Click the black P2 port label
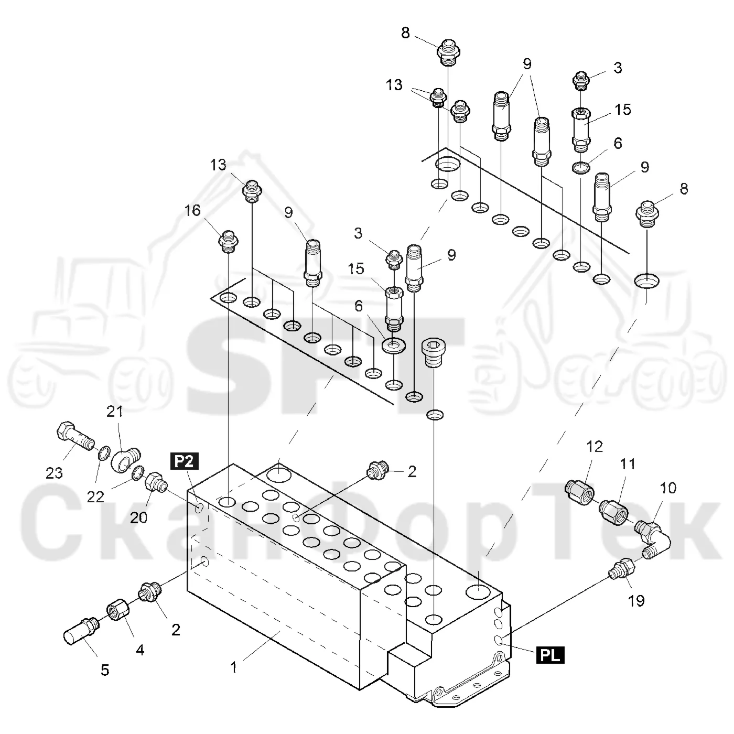(185, 461)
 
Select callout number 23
(54, 473)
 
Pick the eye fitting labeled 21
(126, 460)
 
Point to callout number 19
(636, 601)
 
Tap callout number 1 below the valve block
(234, 667)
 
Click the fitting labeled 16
(229, 242)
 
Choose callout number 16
(192, 210)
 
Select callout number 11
(628, 464)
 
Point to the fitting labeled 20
(156, 482)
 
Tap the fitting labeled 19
(622, 569)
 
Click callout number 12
(595, 446)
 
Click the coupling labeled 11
(613, 513)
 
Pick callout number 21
(115, 411)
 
